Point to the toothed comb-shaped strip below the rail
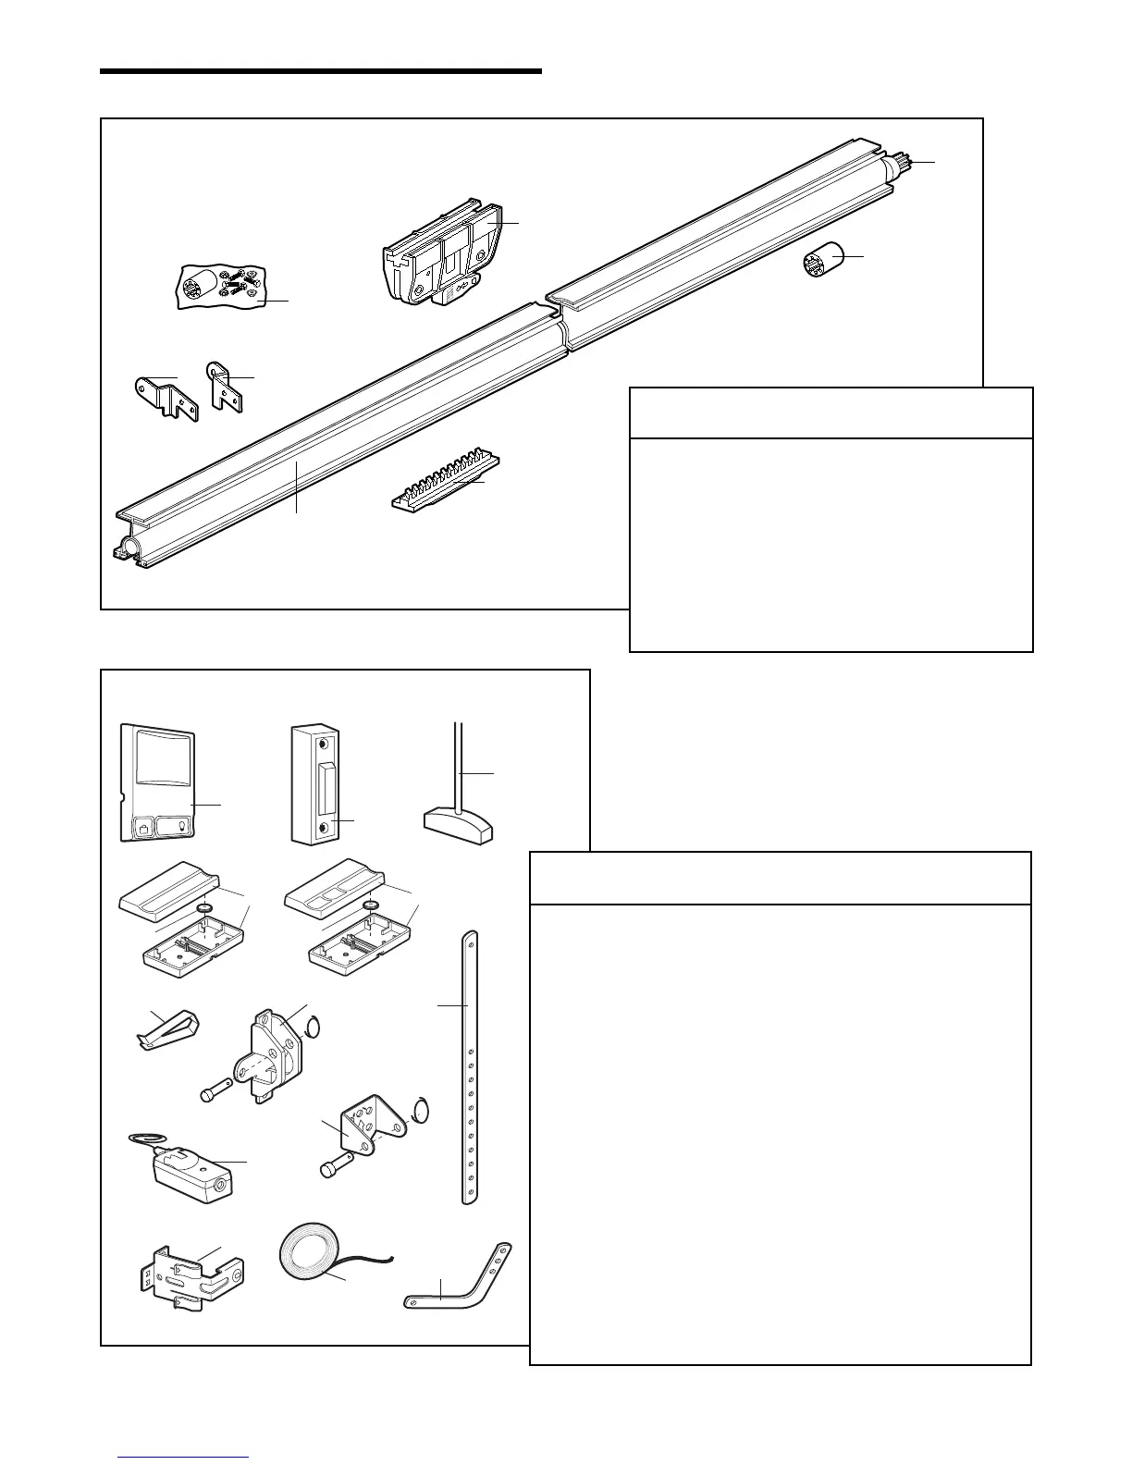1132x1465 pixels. [x=444, y=484]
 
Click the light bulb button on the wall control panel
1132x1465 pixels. [x=174, y=826]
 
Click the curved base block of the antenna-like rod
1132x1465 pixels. [x=459, y=826]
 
